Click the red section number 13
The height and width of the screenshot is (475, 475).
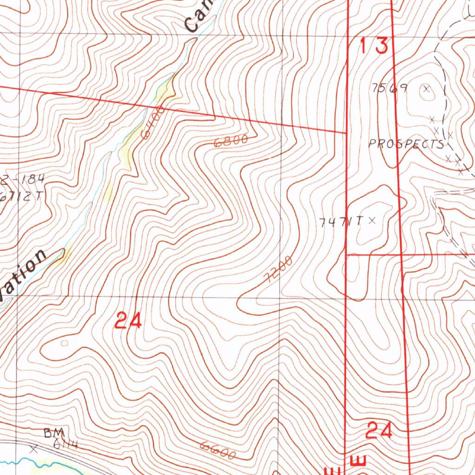coord(374,46)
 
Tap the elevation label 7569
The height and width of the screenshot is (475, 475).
coord(390,88)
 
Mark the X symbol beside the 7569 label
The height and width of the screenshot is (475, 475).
coord(426,88)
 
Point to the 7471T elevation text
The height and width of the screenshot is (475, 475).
coord(341,222)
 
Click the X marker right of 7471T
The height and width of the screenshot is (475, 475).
coord(371,221)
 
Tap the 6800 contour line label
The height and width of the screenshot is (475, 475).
coord(231,141)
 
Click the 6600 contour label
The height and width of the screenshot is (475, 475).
coord(218,449)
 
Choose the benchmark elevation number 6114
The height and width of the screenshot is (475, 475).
coord(65,445)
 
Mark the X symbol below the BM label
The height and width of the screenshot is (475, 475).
coord(33,449)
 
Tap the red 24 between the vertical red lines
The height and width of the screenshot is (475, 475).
coord(379,431)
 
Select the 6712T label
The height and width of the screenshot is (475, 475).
coord(21,196)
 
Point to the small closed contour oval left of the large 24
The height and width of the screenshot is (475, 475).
coord(64,343)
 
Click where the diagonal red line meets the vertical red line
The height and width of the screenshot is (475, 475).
coord(347,132)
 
